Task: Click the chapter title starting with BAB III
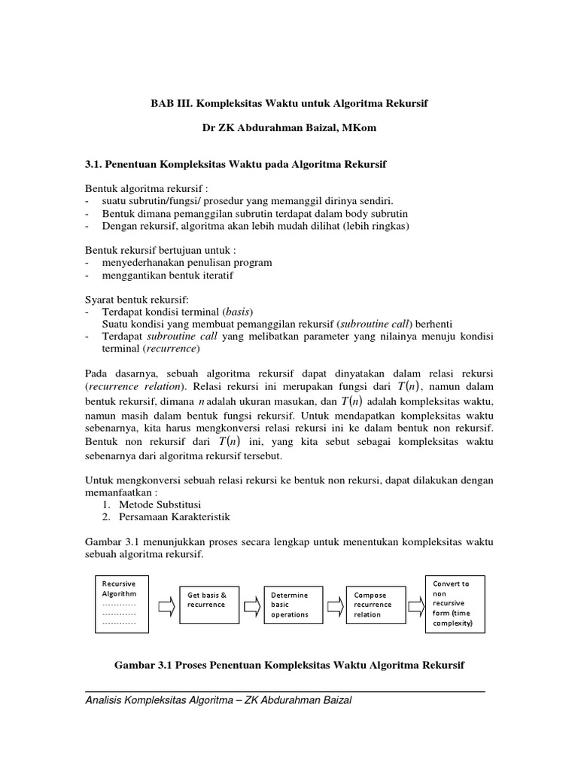(x=288, y=102)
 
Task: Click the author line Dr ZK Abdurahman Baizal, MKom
(x=289, y=129)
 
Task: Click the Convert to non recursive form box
(x=455, y=603)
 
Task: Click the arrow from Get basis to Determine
(x=253, y=602)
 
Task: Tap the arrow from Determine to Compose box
(x=336, y=602)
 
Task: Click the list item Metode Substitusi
(x=157, y=504)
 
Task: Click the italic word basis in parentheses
(x=239, y=311)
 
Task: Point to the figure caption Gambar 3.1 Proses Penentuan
(x=289, y=666)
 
